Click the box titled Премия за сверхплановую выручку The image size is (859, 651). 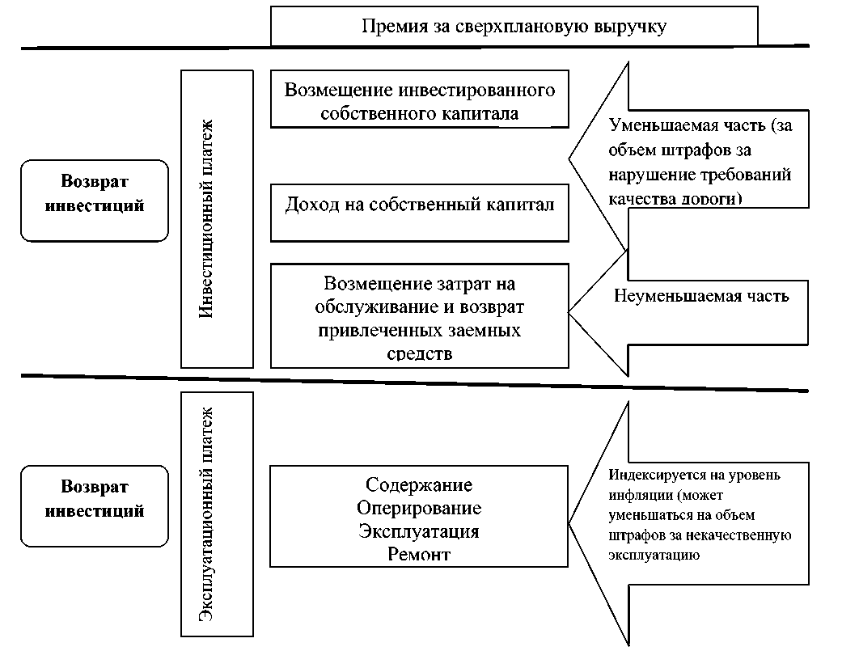(x=514, y=27)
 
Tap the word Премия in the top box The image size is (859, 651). (x=391, y=27)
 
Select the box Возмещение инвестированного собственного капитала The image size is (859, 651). (x=420, y=100)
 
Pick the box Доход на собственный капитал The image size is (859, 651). (x=420, y=205)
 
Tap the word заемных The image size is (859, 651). (x=490, y=331)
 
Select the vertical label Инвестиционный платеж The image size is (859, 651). (x=206, y=218)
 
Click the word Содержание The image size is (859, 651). (x=419, y=485)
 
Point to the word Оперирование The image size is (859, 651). (x=419, y=508)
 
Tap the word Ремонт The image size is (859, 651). (x=419, y=554)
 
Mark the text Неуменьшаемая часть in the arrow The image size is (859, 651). (x=701, y=295)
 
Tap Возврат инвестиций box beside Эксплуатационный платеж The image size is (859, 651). (x=95, y=499)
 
